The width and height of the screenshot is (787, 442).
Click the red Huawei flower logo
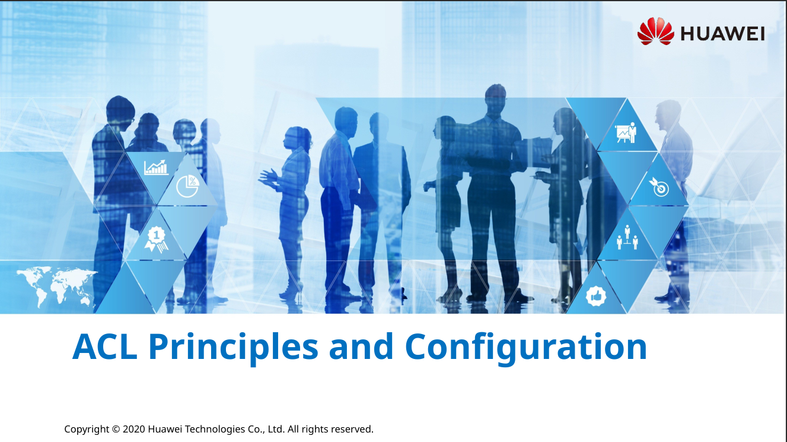[655, 31]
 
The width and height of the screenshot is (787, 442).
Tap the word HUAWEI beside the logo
[723, 34]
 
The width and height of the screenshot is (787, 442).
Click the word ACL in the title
[105, 347]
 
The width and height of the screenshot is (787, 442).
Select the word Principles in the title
[233, 348]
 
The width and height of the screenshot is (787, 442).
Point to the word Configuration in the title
[526, 348]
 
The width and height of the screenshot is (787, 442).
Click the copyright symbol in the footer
[116, 429]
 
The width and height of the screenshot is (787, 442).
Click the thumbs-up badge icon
[596, 296]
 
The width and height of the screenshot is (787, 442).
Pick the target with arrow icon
[658, 187]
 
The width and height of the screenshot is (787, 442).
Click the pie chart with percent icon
[187, 186]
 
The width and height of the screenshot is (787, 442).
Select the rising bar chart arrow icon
[156, 167]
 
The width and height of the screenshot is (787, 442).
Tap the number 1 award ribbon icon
[156, 239]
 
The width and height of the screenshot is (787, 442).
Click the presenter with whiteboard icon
[626, 132]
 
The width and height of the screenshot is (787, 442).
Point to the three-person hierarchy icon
[627, 238]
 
